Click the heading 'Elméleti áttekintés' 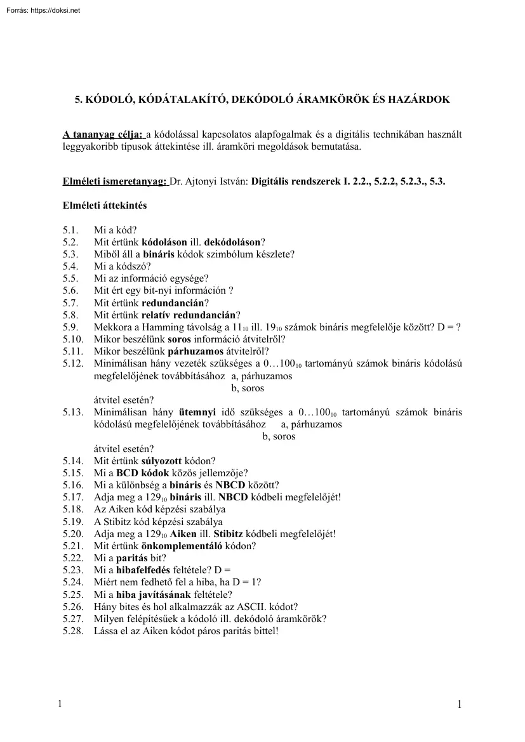105,205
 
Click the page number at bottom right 460,705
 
